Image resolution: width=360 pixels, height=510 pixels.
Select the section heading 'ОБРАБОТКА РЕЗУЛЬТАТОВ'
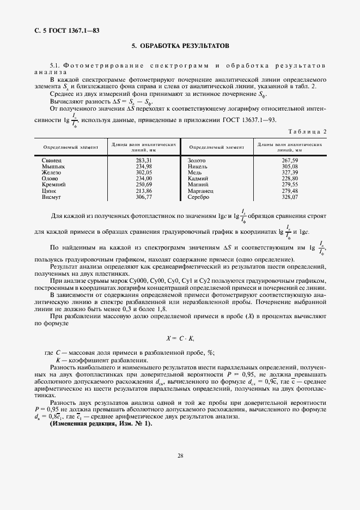pyautogui.click(x=185, y=46)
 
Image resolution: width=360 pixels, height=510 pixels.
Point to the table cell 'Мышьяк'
pyautogui.click(x=53, y=166)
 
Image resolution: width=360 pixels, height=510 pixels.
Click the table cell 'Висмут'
pyautogui.click(x=52, y=197)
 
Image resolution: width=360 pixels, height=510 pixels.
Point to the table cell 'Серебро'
pyautogui.click(x=199, y=197)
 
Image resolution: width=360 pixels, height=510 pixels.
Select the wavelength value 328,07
pyautogui.click(x=290, y=197)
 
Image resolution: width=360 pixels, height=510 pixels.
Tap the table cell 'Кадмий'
pyautogui.click(x=198, y=178)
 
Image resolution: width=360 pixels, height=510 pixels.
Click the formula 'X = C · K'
pyautogui.click(x=180, y=338)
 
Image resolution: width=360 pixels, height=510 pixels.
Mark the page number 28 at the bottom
pyautogui.click(x=180, y=456)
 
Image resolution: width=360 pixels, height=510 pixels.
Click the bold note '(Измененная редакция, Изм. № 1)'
pyautogui.click(x=94, y=423)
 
